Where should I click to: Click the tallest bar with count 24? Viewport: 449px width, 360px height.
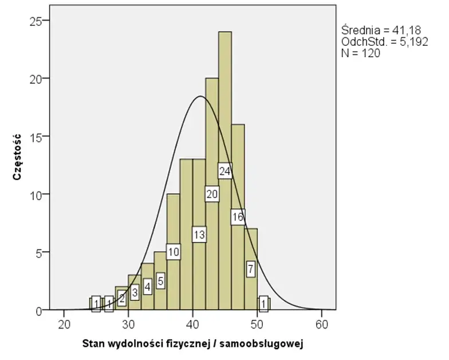[x=225, y=115]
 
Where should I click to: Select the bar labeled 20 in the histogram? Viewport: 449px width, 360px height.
[x=212, y=143]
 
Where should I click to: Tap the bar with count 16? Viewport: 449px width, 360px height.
[x=238, y=172]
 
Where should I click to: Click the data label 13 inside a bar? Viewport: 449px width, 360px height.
[x=199, y=234]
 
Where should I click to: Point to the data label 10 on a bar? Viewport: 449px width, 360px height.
[x=174, y=251]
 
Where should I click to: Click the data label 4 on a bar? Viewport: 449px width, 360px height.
[x=148, y=286]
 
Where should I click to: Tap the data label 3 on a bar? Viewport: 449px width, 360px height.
[x=135, y=292]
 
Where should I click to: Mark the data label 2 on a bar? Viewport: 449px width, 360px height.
[x=122, y=297]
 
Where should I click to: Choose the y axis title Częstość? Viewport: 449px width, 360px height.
[x=18, y=157]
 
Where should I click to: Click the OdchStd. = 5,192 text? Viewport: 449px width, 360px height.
[x=384, y=41]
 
